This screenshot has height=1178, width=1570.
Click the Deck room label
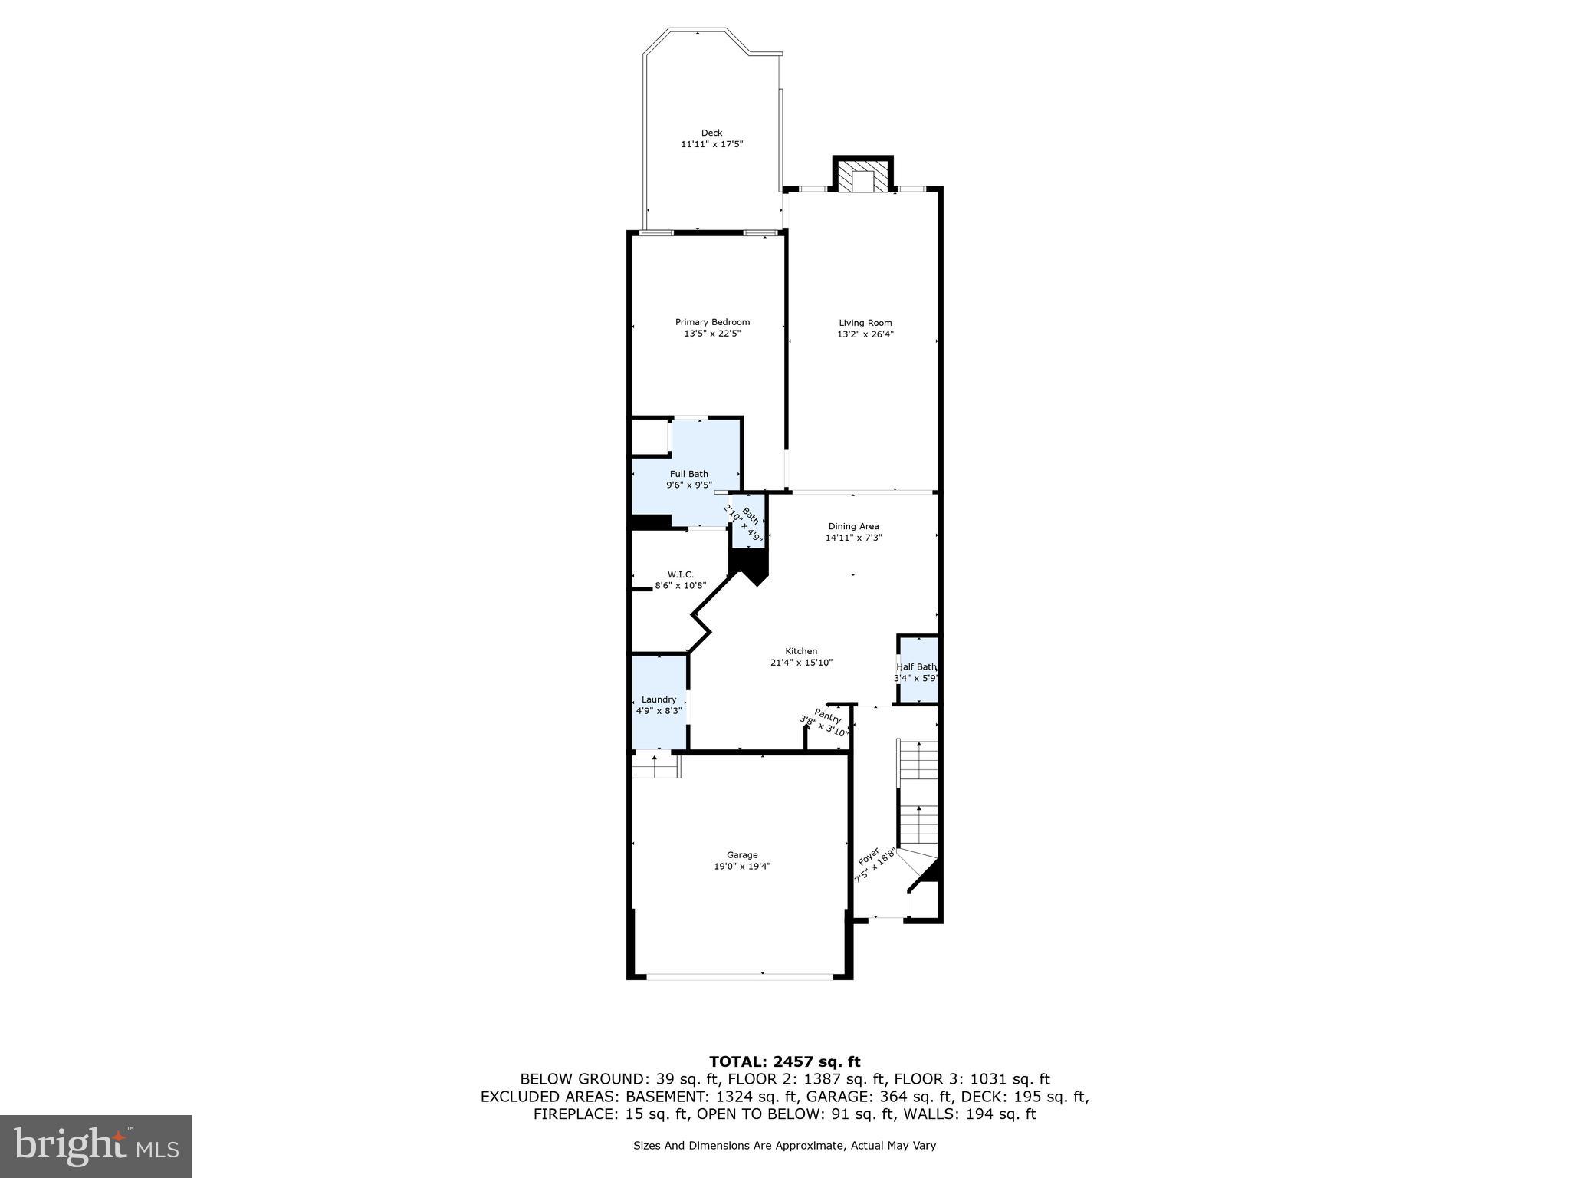[711, 133]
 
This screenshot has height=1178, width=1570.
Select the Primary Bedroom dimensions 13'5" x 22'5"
[712, 334]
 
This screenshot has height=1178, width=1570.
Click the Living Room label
[865, 323]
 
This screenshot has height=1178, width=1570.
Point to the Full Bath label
[688, 474]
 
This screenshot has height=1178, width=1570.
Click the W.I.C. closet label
[680, 574]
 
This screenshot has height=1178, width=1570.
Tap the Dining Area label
[853, 526]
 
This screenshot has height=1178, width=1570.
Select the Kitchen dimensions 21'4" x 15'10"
[801, 663]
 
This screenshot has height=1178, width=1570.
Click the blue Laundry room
[659, 704]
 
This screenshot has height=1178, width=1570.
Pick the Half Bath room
[917, 670]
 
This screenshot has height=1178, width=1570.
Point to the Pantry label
[827, 717]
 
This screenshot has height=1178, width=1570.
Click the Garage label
[741, 854]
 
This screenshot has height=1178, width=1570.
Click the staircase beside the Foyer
[918, 798]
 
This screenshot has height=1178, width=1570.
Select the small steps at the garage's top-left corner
[656, 765]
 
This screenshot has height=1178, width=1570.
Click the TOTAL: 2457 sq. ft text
[784, 1062]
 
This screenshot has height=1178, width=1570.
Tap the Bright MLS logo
[96, 1147]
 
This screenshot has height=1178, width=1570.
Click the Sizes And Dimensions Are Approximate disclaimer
[784, 1146]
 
